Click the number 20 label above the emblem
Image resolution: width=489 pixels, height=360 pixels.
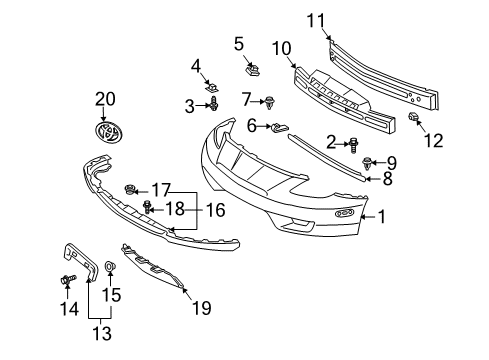(105, 98)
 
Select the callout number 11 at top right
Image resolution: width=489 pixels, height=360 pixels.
(316, 19)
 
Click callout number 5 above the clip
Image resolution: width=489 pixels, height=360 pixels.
(239, 43)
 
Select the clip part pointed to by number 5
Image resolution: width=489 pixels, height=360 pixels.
(252, 69)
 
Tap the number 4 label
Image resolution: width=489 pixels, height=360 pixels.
(196, 66)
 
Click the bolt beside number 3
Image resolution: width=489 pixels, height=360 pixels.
(214, 104)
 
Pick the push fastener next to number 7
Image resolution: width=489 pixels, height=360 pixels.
(269, 100)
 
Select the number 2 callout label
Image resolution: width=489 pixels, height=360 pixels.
(331, 142)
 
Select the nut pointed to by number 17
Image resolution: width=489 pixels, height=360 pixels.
(130, 189)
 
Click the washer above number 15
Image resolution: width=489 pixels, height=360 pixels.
(110, 268)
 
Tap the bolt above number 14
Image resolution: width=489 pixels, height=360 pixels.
(69, 279)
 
